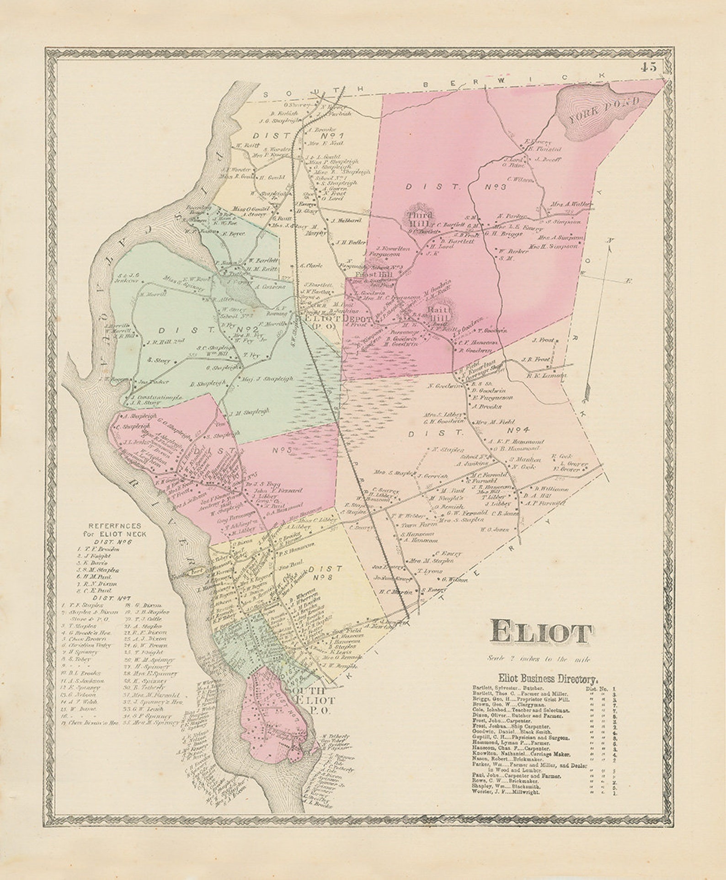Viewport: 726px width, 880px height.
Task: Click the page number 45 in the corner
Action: [648, 67]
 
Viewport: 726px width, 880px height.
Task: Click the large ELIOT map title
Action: [541, 634]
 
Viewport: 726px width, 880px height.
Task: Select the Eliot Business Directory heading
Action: [548, 678]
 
